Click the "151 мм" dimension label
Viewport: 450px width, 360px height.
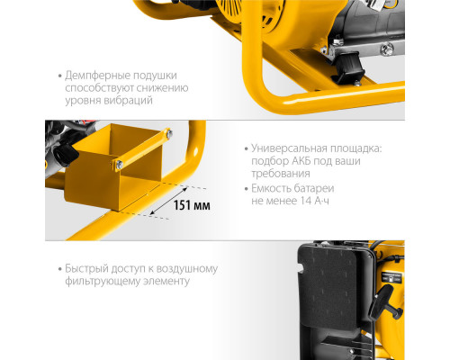(x=193, y=206)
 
